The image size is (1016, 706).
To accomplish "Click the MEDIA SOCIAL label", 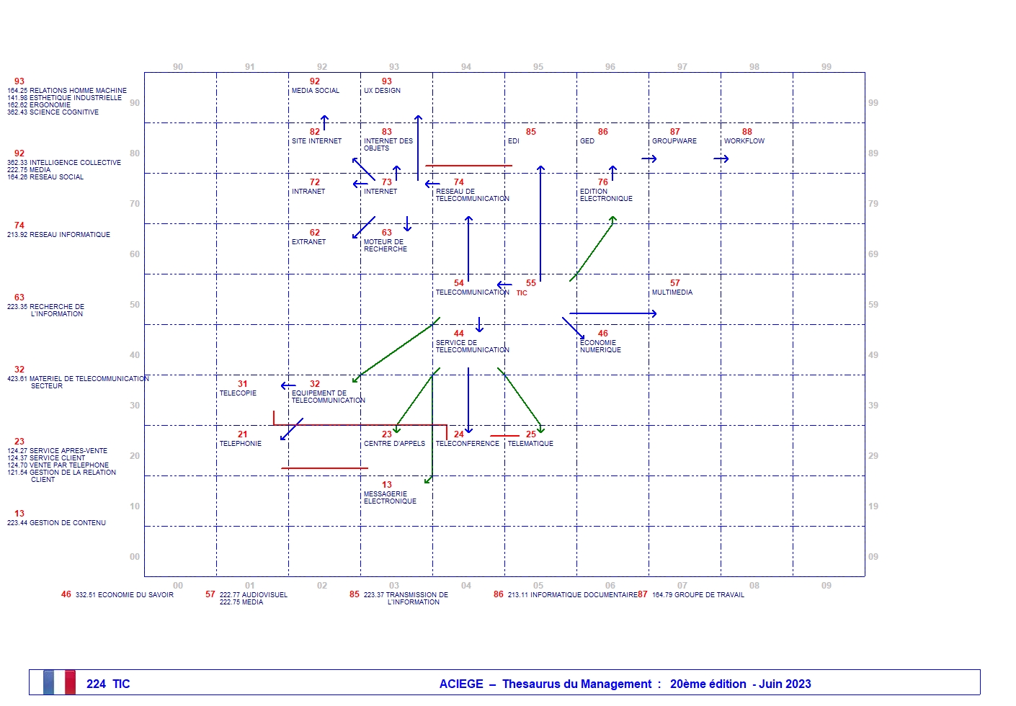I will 315,91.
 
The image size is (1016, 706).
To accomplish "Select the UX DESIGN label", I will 382,91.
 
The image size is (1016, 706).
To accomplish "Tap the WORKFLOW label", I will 744,141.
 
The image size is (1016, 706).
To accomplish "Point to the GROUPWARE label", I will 674,141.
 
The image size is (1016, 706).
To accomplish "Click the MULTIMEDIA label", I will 672,292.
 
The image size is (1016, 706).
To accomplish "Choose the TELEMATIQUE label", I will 530,444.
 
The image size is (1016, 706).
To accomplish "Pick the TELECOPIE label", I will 238,393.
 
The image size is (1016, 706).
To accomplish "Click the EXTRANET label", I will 308,242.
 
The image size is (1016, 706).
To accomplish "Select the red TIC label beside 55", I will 522,293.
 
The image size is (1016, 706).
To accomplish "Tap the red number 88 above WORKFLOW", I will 747,132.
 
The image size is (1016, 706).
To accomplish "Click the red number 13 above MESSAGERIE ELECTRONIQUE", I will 386,485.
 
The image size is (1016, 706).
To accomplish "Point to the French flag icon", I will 59,682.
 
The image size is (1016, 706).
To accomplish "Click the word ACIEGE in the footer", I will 461,684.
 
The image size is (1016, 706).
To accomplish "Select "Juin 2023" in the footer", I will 785,684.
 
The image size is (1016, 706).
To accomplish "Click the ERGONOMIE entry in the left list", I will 50,105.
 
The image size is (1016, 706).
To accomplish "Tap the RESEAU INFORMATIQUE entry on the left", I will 69,235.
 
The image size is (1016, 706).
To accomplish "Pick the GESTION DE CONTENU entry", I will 67,523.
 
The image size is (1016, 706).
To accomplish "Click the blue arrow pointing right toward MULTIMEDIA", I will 612,313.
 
